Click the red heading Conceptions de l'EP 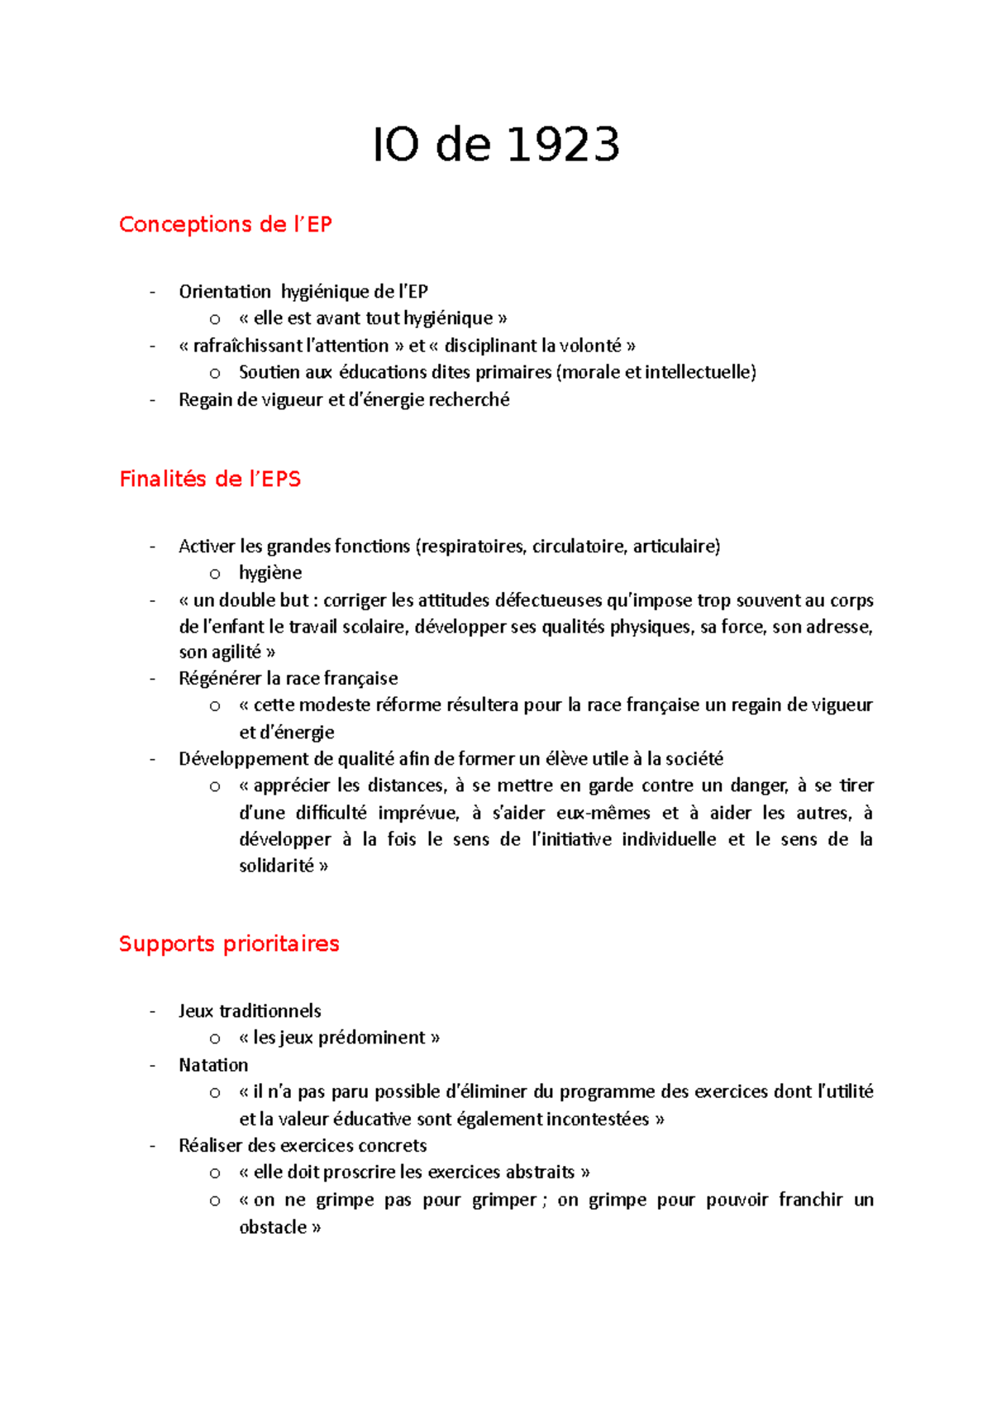tap(225, 225)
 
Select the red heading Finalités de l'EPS tap(210, 480)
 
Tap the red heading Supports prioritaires tap(229, 944)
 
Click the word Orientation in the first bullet tap(224, 292)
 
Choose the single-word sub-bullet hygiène tap(270, 573)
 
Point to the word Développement tap(237, 759)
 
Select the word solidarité tap(276, 867)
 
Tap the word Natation tap(213, 1065)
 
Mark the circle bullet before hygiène tap(215, 574)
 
